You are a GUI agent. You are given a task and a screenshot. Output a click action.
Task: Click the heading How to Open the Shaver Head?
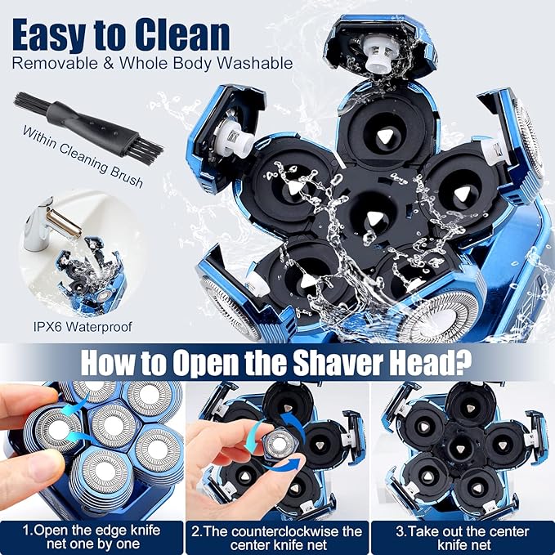(276, 361)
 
